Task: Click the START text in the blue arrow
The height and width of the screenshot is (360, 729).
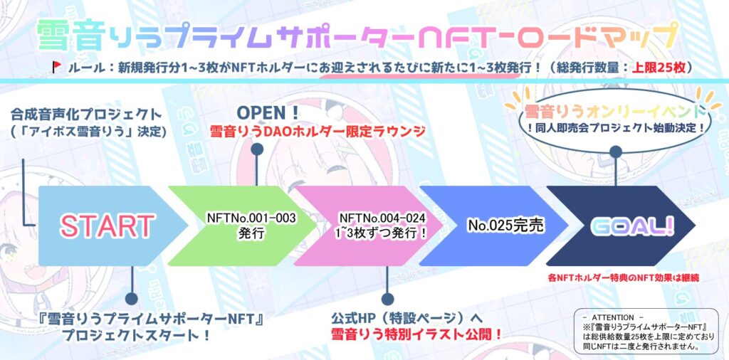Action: (107, 226)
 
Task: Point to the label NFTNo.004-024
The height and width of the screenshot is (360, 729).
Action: (382, 218)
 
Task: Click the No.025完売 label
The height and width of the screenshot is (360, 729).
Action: (506, 226)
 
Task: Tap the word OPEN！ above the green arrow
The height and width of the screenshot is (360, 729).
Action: (268, 113)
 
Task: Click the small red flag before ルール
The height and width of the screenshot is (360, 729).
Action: (57, 67)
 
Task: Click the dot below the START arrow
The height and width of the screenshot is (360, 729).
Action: (132, 299)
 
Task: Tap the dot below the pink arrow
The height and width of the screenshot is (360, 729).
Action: (387, 299)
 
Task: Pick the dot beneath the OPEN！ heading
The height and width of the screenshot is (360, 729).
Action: (256, 149)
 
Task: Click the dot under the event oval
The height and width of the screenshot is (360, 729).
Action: (616, 152)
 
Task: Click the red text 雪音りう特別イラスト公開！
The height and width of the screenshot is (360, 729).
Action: (416, 334)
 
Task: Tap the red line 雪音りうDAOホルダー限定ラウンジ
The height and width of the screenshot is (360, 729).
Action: (318, 132)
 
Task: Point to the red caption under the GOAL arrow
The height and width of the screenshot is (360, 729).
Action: (624, 279)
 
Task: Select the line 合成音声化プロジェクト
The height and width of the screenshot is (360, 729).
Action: (86, 114)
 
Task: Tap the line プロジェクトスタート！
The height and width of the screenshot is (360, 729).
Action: (135, 334)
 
